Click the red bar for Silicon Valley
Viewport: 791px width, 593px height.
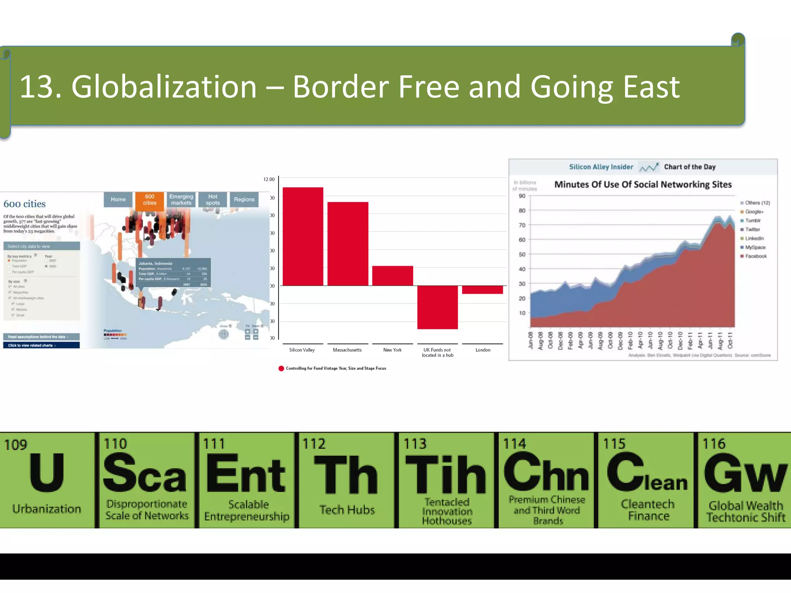pos(303,236)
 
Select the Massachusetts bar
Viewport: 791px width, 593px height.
pos(348,244)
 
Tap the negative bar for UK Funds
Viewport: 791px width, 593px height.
pos(437,307)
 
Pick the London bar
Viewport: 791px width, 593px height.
pos(482,290)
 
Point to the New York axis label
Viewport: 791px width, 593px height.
pos(392,350)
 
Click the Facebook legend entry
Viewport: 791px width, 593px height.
pos(755,256)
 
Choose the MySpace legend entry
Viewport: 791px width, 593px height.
pos(755,247)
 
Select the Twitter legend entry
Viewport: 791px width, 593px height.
pos(752,229)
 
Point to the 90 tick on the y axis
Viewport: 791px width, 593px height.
pos(522,196)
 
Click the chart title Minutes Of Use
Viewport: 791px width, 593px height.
pos(643,185)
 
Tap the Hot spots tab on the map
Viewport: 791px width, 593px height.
pos(212,200)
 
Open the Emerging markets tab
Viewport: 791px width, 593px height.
pos(181,200)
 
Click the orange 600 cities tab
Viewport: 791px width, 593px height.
pos(149,200)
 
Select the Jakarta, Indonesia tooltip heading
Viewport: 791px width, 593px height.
pos(155,263)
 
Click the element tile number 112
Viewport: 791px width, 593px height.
pos(314,444)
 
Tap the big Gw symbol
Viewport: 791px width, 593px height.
pos(745,474)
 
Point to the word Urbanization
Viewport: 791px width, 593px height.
pos(47,509)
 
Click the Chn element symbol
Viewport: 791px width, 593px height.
pos(546,473)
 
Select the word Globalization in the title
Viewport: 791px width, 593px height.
pos(164,87)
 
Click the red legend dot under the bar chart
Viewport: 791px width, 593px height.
pos(281,368)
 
